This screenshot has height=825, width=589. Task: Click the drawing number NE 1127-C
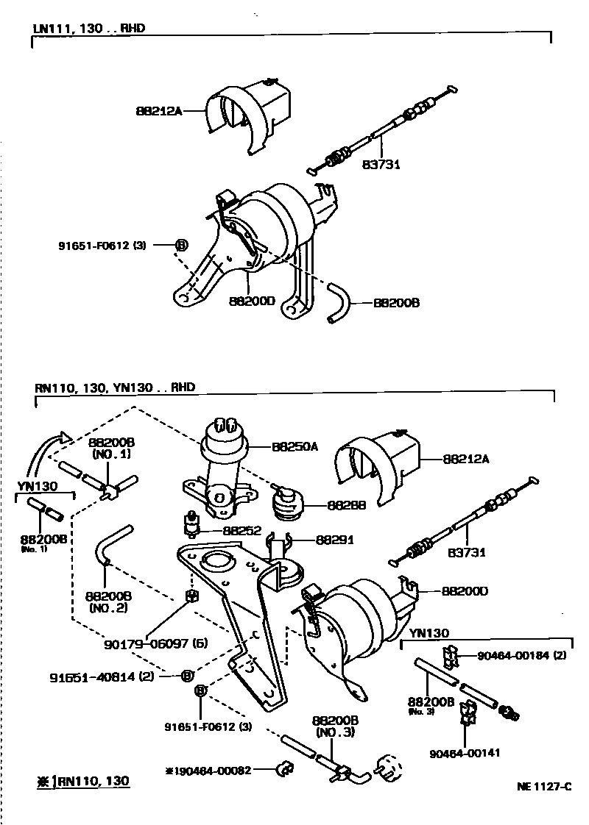(543, 786)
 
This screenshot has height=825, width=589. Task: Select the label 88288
(325, 506)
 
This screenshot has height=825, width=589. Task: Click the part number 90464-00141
(466, 753)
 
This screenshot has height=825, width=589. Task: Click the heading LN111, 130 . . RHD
(88, 28)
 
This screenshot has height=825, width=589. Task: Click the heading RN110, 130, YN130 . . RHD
(114, 387)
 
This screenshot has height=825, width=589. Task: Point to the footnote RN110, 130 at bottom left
(84, 781)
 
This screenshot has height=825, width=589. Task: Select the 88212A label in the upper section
(158, 111)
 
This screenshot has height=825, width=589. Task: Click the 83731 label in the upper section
(381, 164)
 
